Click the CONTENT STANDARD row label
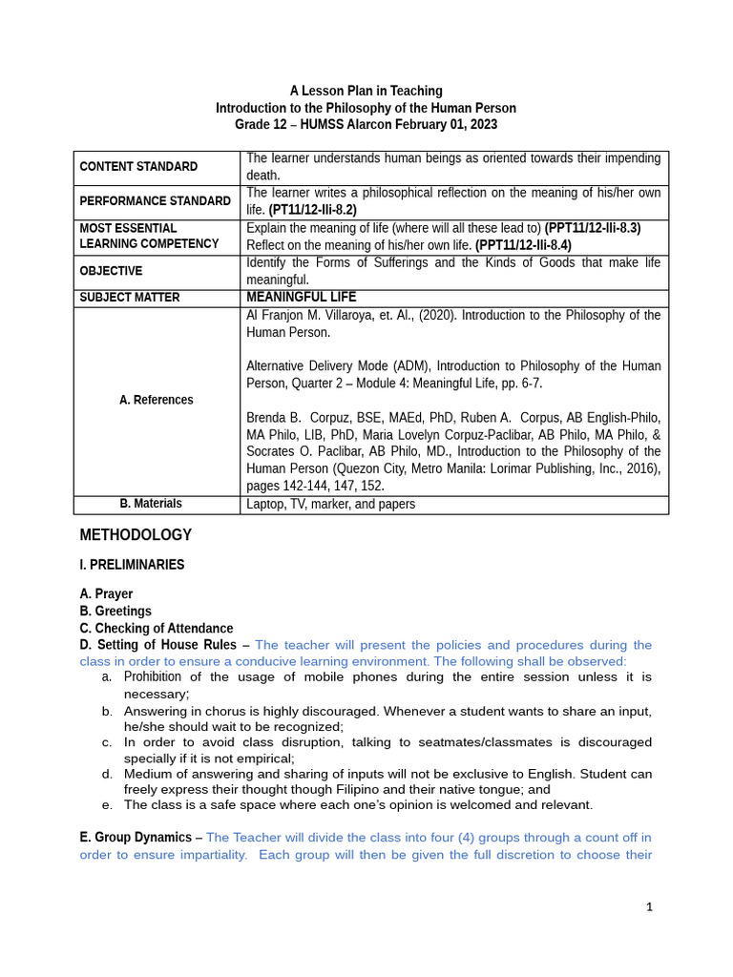(x=138, y=167)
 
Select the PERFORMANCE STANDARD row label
(x=155, y=201)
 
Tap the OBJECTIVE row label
(x=111, y=271)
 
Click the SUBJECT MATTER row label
(x=129, y=298)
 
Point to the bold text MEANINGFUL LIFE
(x=301, y=298)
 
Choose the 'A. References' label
(x=157, y=400)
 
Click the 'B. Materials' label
(x=151, y=504)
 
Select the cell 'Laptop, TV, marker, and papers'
(x=330, y=504)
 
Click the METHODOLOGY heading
(x=136, y=535)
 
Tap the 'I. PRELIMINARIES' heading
(x=132, y=565)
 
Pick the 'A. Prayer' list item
(x=106, y=593)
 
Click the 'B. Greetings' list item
(x=115, y=611)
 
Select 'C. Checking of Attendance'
(x=157, y=628)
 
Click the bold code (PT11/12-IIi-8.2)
(x=312, y=210)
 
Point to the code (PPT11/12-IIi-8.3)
(x=592, y=228)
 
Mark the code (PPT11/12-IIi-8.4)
(x=523, y=245)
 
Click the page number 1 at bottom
(x=649, y=907)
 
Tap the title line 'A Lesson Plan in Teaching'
(x=366, y=91)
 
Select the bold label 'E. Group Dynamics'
(x=136, y=838)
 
